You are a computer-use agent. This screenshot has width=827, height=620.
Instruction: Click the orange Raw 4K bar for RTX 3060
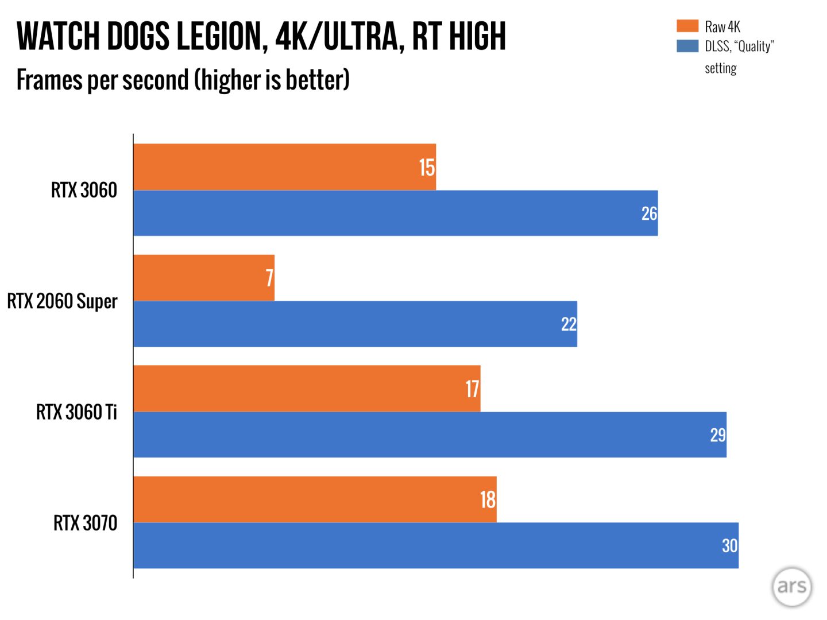pos(284,167)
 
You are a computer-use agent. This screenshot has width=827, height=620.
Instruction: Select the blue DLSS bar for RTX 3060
pos(395,213)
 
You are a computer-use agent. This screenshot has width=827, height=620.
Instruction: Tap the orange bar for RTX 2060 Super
pos(204,278)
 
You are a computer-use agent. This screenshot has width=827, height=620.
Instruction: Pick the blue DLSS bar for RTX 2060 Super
pos(355,324)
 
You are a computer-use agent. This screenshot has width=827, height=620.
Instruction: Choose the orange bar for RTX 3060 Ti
pos(307,389)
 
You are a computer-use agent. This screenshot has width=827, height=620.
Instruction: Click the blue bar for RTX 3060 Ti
pos(430,435)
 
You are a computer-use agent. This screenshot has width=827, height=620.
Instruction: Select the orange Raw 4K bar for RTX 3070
pos(315,499)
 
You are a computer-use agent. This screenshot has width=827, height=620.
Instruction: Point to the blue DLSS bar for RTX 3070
pos(435,545)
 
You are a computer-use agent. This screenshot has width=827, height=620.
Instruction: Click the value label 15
pos(427,168)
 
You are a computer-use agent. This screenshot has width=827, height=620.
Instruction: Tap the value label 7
pos(269,278)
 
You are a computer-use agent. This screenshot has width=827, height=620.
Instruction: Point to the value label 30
pos(729,545)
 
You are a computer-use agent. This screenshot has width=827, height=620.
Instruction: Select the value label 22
pos(569,324)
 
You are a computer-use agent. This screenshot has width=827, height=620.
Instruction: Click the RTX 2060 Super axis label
pos(62,301)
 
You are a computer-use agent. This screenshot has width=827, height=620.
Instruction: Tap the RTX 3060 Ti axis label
pos(76,412)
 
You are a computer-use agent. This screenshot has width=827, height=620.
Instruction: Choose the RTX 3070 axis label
pos(85,523)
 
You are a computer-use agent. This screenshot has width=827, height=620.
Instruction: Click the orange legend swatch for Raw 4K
pos(687,26)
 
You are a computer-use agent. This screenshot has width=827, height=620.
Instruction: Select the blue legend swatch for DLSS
pos(687,46)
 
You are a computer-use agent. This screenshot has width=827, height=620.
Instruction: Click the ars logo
pos(792,586)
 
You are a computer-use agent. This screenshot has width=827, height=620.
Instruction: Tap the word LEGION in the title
pos(221,36)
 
